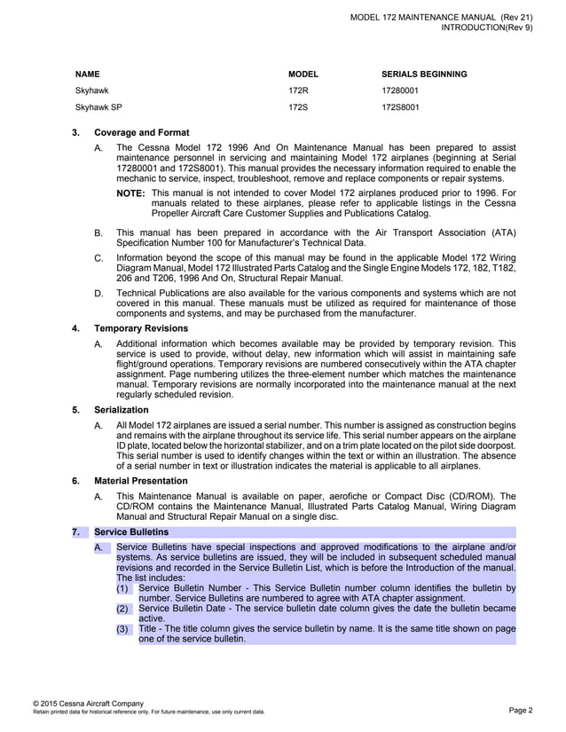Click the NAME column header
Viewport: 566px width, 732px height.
tap(87, 74)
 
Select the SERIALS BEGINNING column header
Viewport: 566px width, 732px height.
tap(424, 74)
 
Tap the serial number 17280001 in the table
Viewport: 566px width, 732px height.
tap(400, 91)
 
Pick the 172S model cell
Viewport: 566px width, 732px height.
tap(298, 107)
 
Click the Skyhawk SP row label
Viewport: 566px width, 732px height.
tap(98, 107)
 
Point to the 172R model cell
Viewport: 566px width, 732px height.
tap(298, 91)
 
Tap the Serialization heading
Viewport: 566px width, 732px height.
tap(122, 410)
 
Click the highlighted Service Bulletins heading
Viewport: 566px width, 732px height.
tap(130, 532)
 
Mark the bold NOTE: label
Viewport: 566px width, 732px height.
tap(130, 193)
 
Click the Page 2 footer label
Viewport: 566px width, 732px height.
tap(521, 710)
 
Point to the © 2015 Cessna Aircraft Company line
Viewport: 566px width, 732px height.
tap(88, 703)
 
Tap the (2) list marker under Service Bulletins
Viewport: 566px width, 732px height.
tap(123, 609)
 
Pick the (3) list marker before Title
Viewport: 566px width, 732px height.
tap(123, 629)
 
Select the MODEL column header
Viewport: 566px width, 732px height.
tap(303, 74)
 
